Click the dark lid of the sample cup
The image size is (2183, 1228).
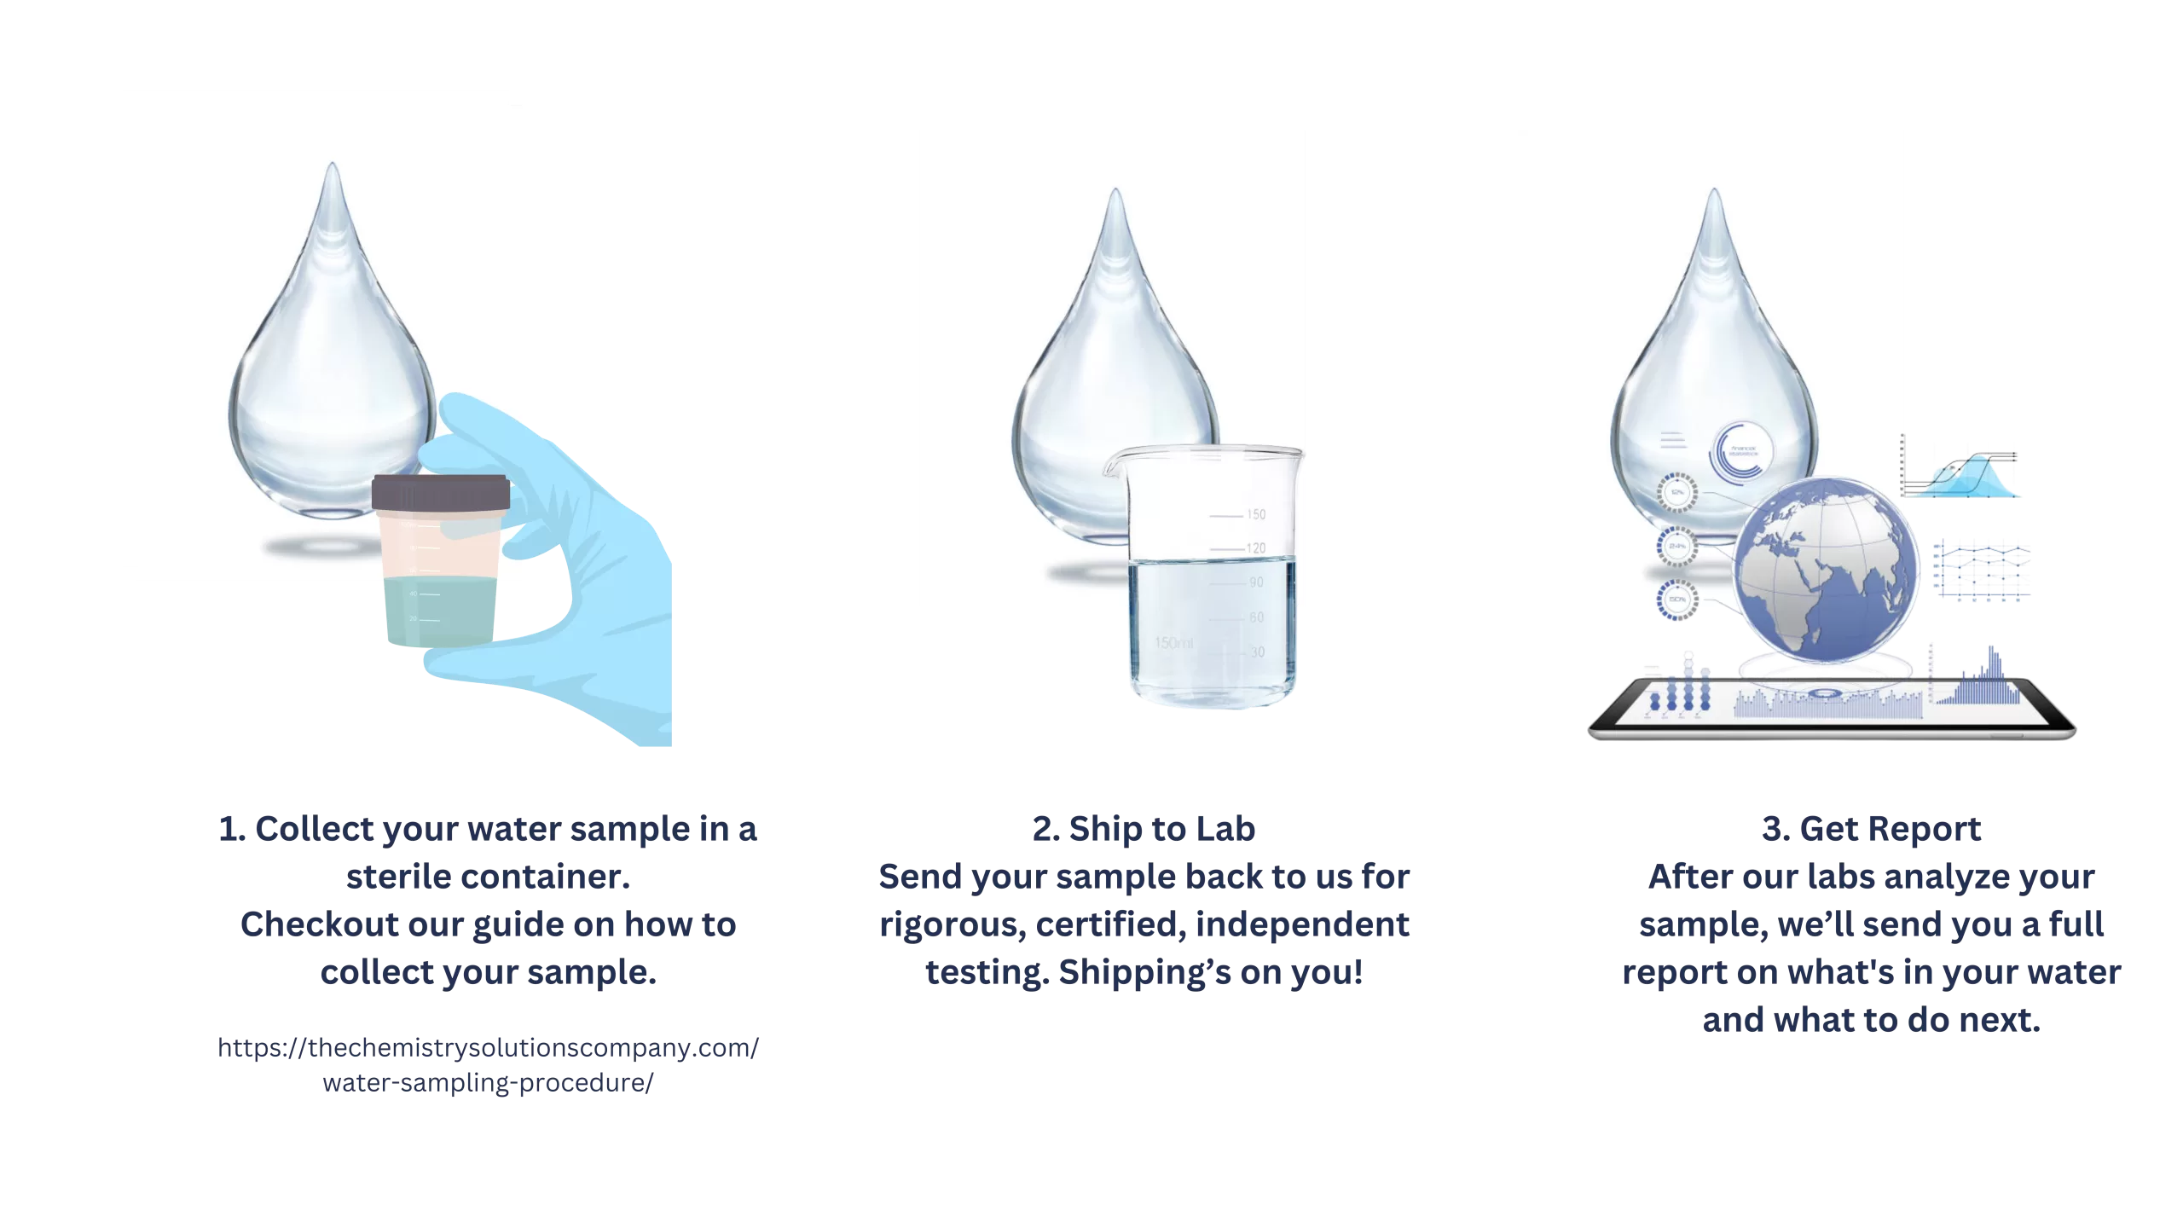pyautogui.click(x=441, y=493)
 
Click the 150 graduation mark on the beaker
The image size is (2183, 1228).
pyautogui.click(x=1256, y=514)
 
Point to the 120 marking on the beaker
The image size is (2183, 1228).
pyautogui.click(x=1256, y=548)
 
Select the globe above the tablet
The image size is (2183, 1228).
pyautogui.click(x=1826, y=570)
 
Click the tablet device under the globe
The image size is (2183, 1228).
pyautogui.click(x=1832, y=708)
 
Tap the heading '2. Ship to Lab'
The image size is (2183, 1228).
pyautogui.click(x=1144, y=829)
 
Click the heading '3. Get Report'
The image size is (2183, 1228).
pyautogui.click(x=1871, y=829)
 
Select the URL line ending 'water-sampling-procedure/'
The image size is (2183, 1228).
pyautogui.click(x=489, y=1083)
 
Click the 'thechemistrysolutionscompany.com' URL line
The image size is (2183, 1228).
pyautogui.click(x=489, y=1048)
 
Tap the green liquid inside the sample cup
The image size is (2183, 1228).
pyautogui.click(x=440, y=611)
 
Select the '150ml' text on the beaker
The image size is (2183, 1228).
pyautogui.click(x=1173, y=643)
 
